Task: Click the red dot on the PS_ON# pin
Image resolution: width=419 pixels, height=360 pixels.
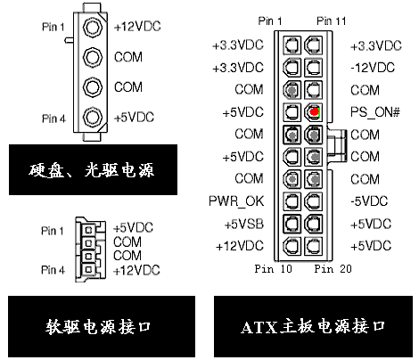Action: [x=314, y=111]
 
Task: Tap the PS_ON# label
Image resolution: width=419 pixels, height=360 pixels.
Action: [x=375, y=112]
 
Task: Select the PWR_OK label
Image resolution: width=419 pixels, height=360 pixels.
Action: [x=236, y=201]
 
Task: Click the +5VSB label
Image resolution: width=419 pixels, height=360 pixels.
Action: [x=244, y=224]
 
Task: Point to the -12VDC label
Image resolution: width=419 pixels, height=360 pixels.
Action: [x=373, y=68]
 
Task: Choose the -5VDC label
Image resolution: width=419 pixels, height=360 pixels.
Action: [x=369, y=201]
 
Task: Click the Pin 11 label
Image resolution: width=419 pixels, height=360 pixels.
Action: [x=332, y=21]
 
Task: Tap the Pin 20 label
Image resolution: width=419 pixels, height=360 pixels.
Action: [x=333, y=269]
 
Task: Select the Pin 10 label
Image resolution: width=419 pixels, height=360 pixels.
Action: [x=274, y=269]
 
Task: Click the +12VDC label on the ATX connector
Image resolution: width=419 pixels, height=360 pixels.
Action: [x=240, y=246]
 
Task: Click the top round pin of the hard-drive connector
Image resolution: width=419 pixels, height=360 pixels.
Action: [x=93, y=27]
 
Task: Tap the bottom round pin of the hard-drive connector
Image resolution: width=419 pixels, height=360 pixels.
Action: [x=93, y=117]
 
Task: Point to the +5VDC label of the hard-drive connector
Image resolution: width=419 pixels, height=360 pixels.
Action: [x=134, y=118]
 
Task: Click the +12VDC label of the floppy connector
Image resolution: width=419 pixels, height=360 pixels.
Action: [x=136, y=270]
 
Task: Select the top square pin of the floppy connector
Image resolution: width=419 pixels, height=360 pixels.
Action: [x=88, y=230]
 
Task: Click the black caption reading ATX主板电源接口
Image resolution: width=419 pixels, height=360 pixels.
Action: [x=313, y=326]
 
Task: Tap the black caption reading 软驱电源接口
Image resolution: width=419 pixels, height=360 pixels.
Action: [x=102, y=326]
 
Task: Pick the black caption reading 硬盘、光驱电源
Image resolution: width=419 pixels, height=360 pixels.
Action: [x=93, y=170]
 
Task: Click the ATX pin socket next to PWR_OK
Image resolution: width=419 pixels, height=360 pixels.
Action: [x=292, y=201]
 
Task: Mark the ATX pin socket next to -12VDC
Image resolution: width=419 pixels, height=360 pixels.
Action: [x=314, y=68]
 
